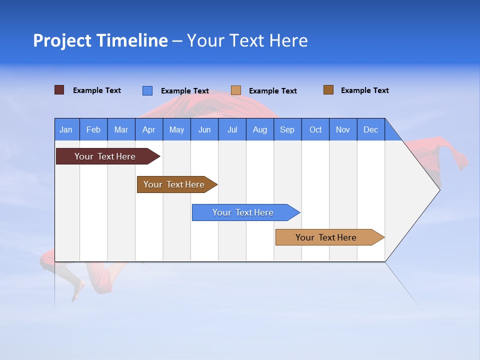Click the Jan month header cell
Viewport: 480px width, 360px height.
[x=66, y=129]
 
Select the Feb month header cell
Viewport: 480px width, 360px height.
[x=93, y=129]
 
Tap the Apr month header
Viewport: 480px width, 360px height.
[x=149, y=129]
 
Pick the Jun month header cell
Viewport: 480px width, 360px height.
[x=204, y=129]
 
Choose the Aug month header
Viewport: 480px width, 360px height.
[x=260, y=129]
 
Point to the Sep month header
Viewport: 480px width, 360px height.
[x=287, y=129]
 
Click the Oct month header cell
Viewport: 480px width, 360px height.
[x=315, y=129]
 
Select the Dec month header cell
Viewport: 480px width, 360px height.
[x=371, y=129]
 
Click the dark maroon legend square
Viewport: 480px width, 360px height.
[x=59, y=90]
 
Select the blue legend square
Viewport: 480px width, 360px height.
[x=147, y=90]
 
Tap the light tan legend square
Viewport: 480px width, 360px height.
[x=236, y=90]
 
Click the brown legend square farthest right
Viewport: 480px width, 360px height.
[x=328, y=90]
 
